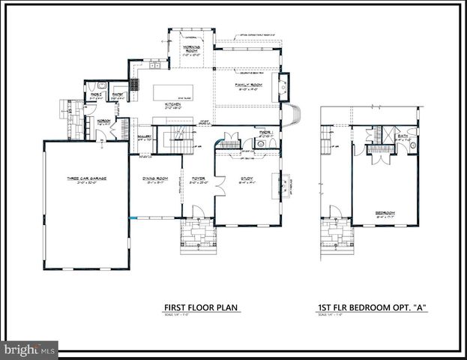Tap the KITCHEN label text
click(173, 105)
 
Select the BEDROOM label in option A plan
click(385, 212)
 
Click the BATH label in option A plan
click(403, 136)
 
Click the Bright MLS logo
click(29, 349)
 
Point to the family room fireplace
click(284, 87)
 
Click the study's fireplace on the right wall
click(284, 183)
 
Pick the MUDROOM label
click(103, 121)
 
